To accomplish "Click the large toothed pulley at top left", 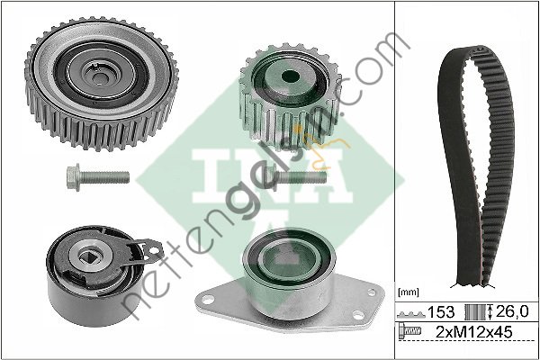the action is click(101, 83).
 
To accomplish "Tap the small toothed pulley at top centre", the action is click(290, 95).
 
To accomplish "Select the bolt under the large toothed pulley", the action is click(98, 177).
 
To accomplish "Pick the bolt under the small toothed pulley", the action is click(295, 177).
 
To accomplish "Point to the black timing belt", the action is click(477, 166).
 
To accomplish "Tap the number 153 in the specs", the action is click(441, 312).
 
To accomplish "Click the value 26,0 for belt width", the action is click(512, 311).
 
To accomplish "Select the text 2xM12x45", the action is click(474, 332).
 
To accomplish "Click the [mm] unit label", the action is click(409, 292).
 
